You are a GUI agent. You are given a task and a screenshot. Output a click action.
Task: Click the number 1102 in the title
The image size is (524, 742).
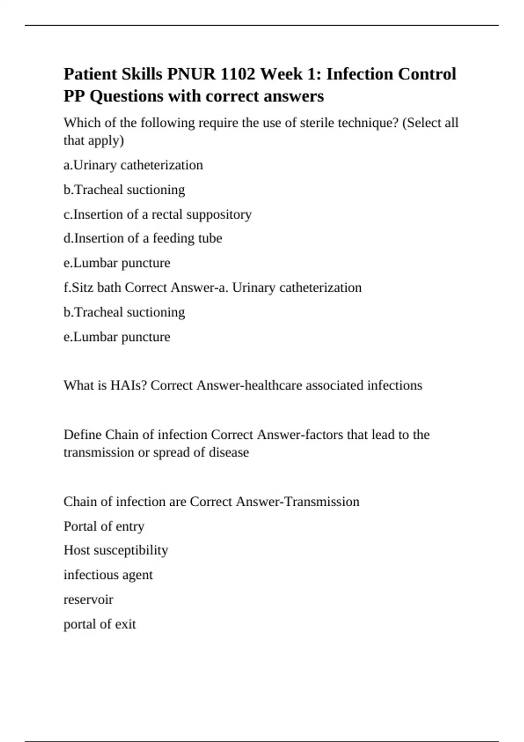(x=238, y=74)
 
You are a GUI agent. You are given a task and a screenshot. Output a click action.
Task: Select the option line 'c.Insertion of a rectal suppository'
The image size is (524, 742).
(x=158, y=214)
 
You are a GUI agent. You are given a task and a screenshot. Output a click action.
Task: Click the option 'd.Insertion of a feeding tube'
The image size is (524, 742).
(x=143, y=238)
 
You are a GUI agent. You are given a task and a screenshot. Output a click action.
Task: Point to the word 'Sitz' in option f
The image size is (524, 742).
(x=82, y=288)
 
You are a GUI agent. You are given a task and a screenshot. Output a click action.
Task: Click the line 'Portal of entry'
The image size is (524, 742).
(x=104, y=526)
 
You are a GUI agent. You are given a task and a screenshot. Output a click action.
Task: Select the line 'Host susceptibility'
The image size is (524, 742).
(x=116, y=550)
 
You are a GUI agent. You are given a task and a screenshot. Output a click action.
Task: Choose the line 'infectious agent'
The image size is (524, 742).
(x=108, y=575)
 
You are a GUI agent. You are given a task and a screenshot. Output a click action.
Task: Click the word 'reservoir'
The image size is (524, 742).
(x=88, y=600)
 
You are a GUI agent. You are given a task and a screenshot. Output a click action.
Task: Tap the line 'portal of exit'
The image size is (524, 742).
(x=100, y=624)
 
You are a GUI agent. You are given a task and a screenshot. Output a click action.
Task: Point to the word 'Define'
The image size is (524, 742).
(x=83, y=435)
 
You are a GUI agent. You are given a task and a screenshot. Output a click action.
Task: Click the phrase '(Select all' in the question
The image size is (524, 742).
(x=430, y=123)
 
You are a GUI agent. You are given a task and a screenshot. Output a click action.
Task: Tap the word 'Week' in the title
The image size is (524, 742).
(x=282, y=74)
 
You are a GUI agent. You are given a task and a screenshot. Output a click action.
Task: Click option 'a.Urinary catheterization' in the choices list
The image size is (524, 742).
(x=133, y=165)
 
